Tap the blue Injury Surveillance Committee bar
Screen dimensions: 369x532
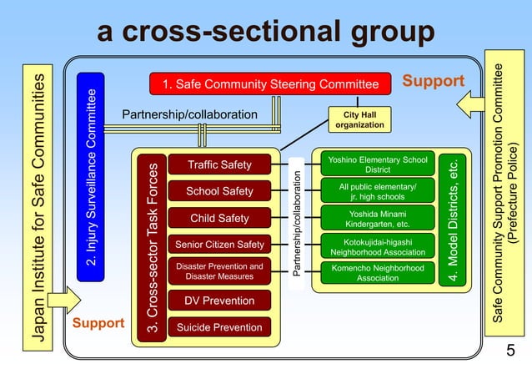coord(89,179)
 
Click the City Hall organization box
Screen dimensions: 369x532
coord(359,119)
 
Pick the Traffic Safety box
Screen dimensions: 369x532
coord(219,164)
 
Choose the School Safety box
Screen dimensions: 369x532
coord(219,191)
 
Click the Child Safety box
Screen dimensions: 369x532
coord(219,219)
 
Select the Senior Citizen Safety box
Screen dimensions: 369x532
coord(219,245)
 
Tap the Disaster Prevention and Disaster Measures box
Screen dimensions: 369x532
coord(219,271)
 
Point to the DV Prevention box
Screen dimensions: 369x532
coord(219,301)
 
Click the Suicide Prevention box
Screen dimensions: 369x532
coord(219,327)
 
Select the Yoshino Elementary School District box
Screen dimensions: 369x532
coord(378,164)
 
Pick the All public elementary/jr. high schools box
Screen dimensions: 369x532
coord(378,191)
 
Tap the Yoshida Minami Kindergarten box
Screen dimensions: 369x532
coord(378,219)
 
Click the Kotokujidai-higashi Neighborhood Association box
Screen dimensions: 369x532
coord(378,245)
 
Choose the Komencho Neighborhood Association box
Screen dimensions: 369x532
coord(378,273)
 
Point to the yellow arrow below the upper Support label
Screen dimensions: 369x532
coord(471,105)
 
